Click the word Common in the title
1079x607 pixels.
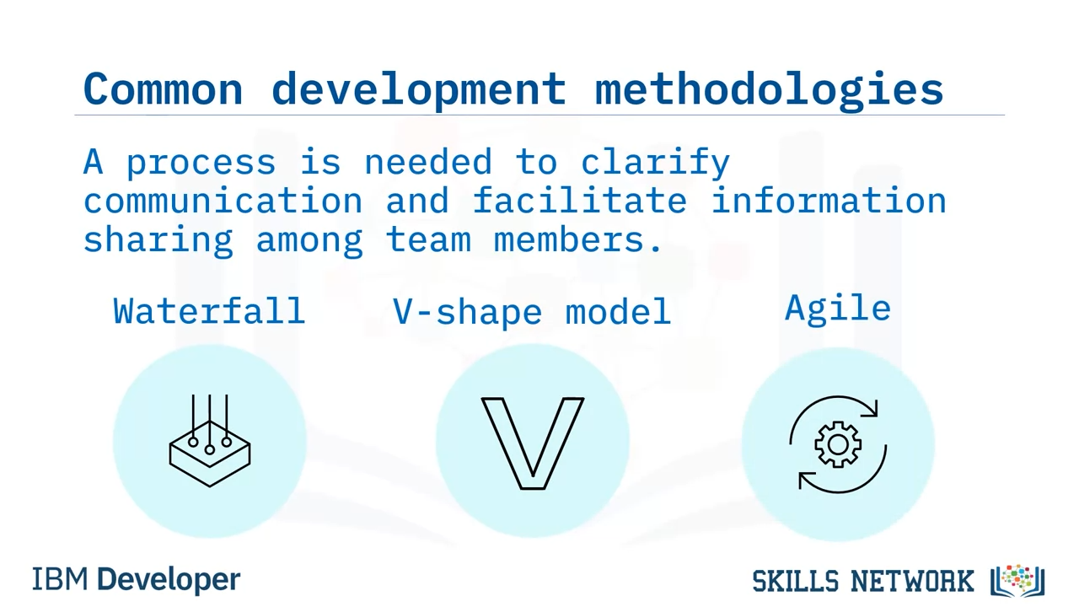pyautogui.click(x=164, y=89)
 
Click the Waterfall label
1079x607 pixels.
pyautogui.click(x=209, y=311)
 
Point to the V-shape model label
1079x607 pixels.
pyautogui.click(x=532, y=312)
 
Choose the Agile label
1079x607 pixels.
pyautogui.click(x=838, y=309)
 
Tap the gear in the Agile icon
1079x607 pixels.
pyautogui.click(x=838, y=444)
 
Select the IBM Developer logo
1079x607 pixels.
pyautogui.click(x=137, y=579)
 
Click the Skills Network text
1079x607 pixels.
pyautogui.click(x=862, y=581)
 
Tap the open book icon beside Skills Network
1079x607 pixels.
pyautogui.click(x=1017, y=581)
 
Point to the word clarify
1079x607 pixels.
pyautogui.click(x=656, y=163)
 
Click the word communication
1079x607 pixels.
pyautogui.click(x=223, y=201)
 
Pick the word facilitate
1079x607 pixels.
pyautogui.click(x=579, y=200)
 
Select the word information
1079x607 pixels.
pyautogui.click(x=829, y=200)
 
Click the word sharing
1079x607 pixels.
pyautogui.click(x=158, y=240)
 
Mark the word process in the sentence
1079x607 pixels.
pyautogui.click(x=201, y=164)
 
